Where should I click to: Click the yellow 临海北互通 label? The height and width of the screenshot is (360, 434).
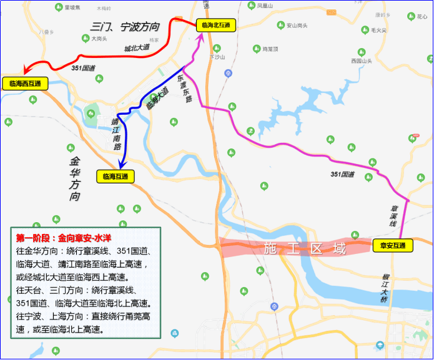(216, 26)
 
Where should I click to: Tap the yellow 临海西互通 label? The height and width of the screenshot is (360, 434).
(25, 83)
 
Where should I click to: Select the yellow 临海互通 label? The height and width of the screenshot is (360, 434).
(114, 177)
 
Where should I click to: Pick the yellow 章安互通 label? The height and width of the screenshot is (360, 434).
(393, 246)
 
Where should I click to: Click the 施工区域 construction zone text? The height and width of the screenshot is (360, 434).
(305, 248)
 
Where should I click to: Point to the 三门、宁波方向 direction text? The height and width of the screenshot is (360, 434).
(126, 27)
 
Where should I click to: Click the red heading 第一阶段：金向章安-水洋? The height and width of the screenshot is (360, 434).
(64, 238)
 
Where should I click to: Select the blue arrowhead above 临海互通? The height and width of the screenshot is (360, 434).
(123, 163)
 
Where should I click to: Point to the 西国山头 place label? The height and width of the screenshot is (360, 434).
(361, 61)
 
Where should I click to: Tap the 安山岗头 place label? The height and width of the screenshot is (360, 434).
(297, 26)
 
